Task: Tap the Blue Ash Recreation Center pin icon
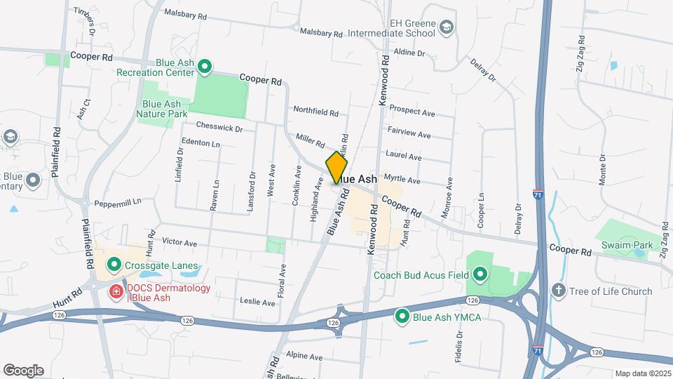pyautogui.click(x=205, y=67)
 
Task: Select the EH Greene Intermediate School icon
pyautogui.click(x=446, y=27)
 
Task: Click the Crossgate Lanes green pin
pyautogui.click(x=113, y=265)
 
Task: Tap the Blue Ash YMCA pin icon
pyautogui.click(x=403, y=317)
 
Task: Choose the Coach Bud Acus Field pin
pyautogui.click(x=480, y=274)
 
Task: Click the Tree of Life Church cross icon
pyautogui.click(x=558, y=290)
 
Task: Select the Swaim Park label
pyautogui.click(x=627, y=245)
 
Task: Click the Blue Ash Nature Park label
pyautogui.click(x=161, y=109)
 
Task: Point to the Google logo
pyautogui.click(x=22, y=370)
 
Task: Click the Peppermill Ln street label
pyautogui.click(x=123, y=201)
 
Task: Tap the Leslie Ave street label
pyautogui.click(x=259, y=303)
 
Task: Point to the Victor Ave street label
pyautogui.click(x=179, y=241)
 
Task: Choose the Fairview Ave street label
pyautogui.click(x=412, y=132)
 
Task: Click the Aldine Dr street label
pyautogui.click(x=410, y=53)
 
